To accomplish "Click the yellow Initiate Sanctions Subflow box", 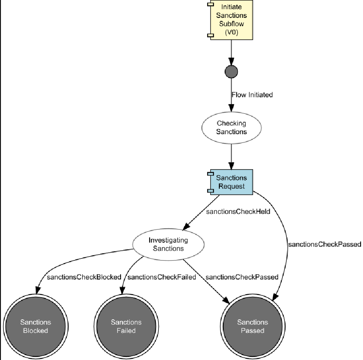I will coord(231,20).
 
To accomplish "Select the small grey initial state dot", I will coord(231,72).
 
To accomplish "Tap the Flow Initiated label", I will coord(252,95).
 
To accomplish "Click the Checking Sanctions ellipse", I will coord(231,127).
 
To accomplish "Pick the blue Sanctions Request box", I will coord(231,182).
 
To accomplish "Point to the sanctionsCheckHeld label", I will coord(238,212).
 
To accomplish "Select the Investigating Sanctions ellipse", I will coord(168,244).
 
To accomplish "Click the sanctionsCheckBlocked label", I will coord(84,277).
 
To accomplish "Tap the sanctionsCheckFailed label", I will coord(162,277).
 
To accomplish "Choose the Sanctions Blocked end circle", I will coord(36,326).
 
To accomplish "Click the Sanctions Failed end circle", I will coord(126,326).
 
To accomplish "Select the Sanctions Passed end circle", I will coord(253,326).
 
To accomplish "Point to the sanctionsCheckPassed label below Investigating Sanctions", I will coord(242,277).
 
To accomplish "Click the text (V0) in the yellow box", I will coord(231,33).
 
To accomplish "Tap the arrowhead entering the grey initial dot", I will coord(231,62).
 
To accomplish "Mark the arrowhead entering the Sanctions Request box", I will coord(231,166).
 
